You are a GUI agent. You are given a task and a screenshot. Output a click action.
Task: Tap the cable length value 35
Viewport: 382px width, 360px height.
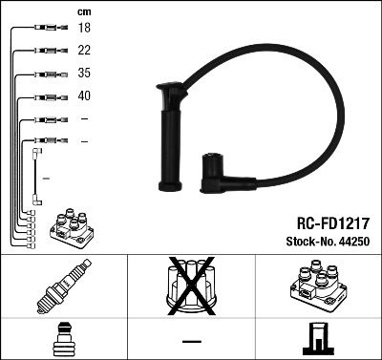click(x=84, y=74)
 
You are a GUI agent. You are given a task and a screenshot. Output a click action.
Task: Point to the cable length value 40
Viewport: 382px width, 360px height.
click(x=84, y=96)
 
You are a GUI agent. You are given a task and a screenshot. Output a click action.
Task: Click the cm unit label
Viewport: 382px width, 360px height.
click(x=83, y=11)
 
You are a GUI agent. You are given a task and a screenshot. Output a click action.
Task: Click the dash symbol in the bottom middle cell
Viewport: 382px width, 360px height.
click(x=190, y=340)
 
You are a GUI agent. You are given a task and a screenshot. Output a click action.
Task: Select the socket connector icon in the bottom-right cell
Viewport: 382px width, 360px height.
click(x=317, y=340)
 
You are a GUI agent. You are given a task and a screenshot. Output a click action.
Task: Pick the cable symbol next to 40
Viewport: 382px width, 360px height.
click(x=46, y=96)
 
